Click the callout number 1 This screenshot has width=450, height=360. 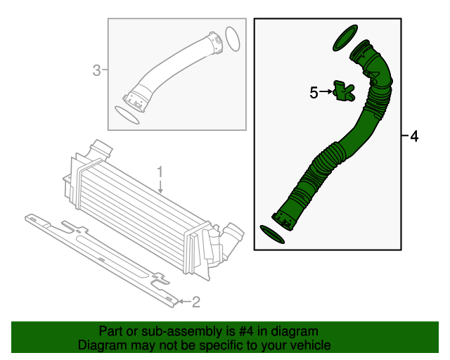[160, 171]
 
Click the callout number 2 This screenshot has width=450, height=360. [196, 302]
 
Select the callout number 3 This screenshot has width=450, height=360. [97, 70]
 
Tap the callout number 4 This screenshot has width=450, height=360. [414, 136]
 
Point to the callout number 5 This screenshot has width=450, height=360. [314, 91]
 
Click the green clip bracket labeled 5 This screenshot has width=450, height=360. [343, 91]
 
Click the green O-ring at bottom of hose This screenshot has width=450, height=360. [272, 234]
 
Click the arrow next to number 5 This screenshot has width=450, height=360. [328, 91]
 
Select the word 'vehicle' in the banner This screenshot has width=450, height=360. [309, 345]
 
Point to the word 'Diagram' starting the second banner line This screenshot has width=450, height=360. [101, 345]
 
